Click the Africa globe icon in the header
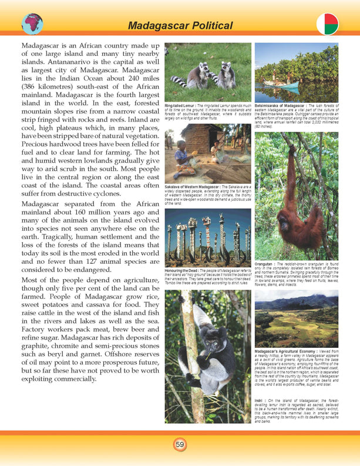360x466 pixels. coord(32,23)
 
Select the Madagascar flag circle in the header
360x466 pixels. coord(328,24)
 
